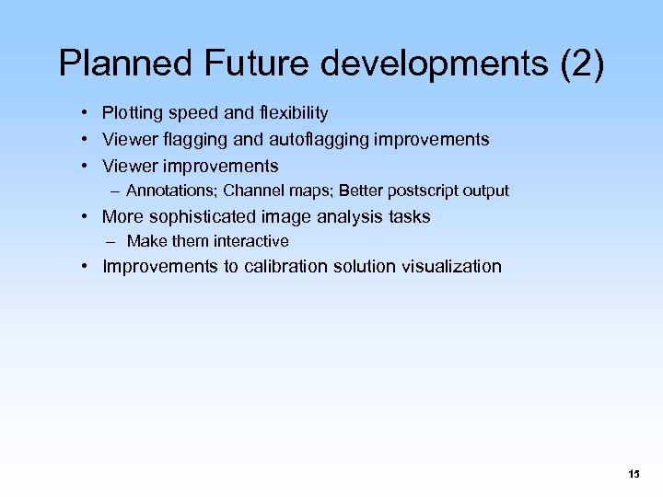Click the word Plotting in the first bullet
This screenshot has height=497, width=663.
[x=131, y=113]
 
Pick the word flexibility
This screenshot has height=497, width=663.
[x=293, y=113]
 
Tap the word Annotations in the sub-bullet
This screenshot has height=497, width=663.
[x=171, y=191]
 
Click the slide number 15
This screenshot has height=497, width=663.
[x=634, y=474]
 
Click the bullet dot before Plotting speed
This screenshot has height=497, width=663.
[x=83, y=113]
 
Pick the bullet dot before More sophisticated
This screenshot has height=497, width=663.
[x=83, y=217]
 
